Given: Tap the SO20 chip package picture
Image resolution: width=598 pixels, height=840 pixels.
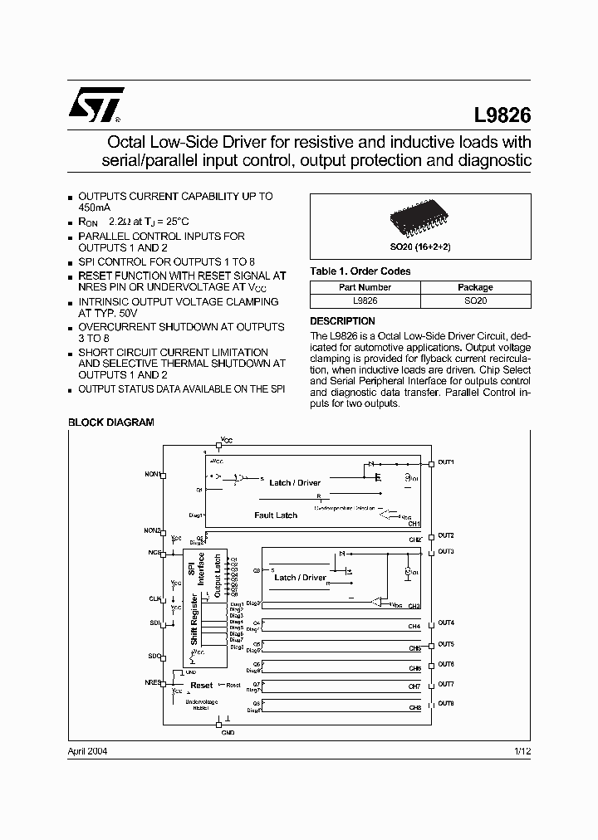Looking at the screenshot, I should pos(419,221).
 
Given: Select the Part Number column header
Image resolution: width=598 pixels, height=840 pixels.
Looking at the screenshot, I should pos(365,287).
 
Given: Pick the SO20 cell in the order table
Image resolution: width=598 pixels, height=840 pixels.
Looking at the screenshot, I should pos(475,300).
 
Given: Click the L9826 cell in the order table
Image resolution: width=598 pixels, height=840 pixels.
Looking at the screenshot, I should pos(365,300).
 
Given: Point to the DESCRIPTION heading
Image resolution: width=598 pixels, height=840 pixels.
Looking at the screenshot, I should pos(342,321).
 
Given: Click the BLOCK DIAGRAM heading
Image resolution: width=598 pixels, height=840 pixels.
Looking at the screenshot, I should pos(110,422).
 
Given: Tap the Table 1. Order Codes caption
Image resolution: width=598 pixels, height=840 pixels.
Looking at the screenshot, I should pos(360,271).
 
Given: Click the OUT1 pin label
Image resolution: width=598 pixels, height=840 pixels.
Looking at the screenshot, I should pos(446,462).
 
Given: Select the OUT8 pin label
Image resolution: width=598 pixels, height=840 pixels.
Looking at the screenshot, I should pos(446,703).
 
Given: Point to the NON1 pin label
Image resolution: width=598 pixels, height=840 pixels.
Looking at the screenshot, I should pos(152,474).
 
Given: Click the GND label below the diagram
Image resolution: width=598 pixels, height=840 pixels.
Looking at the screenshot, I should pos(228,733).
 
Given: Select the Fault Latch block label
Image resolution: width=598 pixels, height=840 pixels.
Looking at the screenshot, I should pos(276,515).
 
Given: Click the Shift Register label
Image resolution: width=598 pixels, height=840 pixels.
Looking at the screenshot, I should pos(194,619).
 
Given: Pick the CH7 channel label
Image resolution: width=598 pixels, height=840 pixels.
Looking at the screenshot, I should pos(414,687).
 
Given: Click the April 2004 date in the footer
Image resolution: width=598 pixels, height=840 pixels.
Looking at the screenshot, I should pos(87,751).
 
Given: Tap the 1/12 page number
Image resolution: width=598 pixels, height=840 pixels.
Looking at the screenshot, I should pos(522,751).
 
